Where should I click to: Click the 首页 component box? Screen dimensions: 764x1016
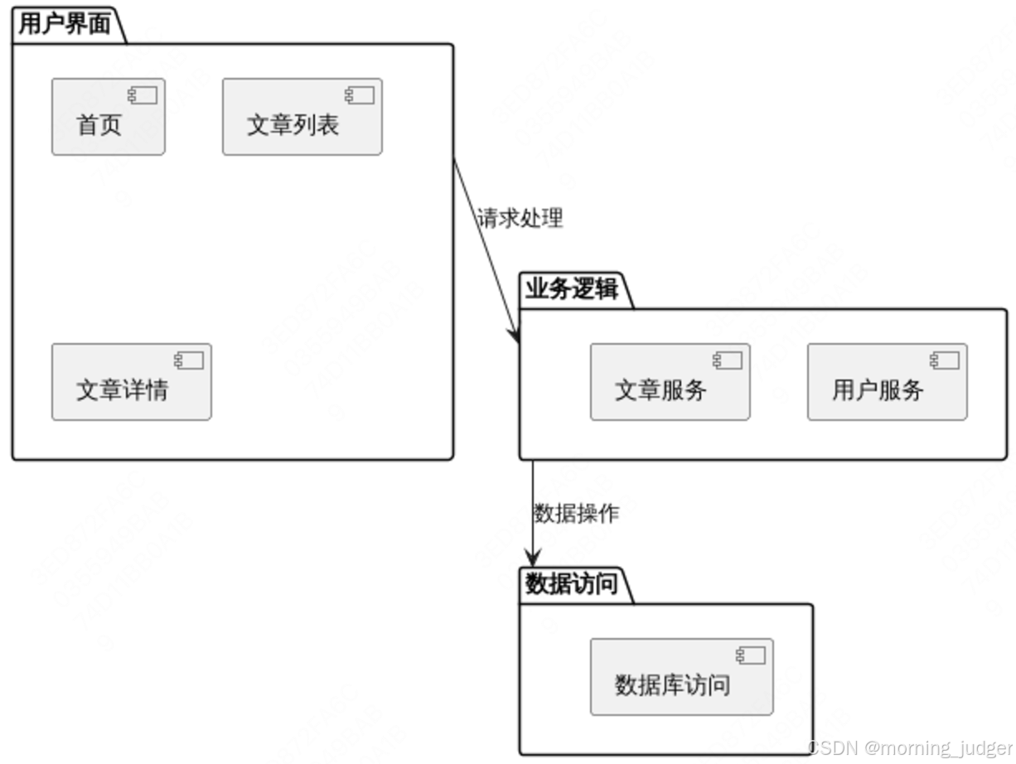tap(108, 117)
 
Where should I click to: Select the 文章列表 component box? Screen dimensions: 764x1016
tap(302, 117)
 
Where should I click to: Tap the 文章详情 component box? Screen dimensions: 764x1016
tap(131, 382)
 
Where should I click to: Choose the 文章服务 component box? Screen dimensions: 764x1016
tap(670, 382)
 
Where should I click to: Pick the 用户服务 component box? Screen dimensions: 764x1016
tap(887, 382)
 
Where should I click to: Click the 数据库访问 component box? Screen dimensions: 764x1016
tap(681, 677)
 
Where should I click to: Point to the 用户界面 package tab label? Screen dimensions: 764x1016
tap(65, 24)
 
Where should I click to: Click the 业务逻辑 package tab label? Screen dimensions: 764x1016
tap(572, 289)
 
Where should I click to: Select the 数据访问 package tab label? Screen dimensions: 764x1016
tap(572, 584)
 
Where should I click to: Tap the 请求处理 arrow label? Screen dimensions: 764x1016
tap(520, 219)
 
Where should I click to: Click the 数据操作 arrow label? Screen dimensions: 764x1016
tap(576, 514)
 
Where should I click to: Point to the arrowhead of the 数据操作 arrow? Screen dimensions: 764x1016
tap(533, 560)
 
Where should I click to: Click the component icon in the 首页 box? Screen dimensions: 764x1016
tap(143, 96)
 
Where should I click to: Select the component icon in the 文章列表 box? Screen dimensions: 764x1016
tap(360, 96)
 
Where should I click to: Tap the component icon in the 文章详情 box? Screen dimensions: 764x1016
tap(189, 360)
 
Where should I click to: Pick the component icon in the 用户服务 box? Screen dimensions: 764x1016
tap(945, 360)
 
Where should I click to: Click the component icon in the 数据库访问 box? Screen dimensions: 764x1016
tap(751, 655)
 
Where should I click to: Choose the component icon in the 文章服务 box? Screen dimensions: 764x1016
tap(728, 360)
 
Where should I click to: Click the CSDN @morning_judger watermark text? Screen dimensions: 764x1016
tap(910, 747)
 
